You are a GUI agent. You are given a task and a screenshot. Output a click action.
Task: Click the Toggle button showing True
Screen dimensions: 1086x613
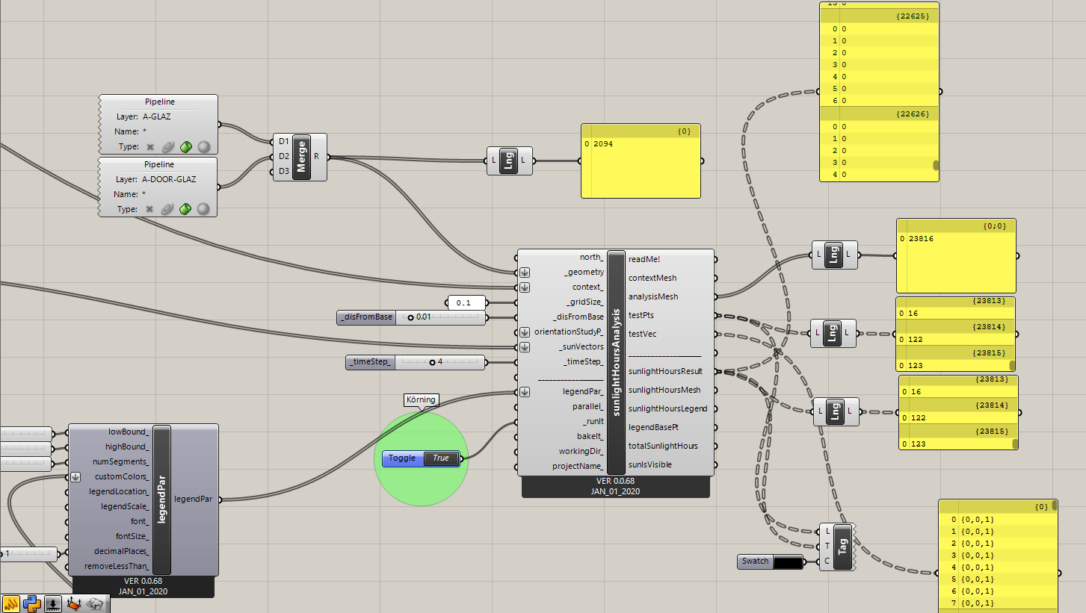421,458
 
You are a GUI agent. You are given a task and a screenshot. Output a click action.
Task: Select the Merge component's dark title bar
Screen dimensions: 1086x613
301,157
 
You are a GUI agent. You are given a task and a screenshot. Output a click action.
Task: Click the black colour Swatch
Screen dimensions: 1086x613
788,561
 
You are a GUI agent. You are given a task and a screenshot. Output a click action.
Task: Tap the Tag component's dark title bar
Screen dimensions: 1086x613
842,547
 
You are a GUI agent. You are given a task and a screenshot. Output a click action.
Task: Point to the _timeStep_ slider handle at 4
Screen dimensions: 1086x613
432,362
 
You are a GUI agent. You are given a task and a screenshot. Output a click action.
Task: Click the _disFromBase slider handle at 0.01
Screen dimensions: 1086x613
410,317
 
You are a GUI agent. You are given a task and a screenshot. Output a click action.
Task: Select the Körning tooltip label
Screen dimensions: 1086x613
421,400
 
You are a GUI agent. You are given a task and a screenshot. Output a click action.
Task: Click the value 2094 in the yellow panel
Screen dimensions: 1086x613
603,144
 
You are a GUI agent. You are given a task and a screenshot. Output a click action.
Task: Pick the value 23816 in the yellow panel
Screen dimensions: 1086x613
921,239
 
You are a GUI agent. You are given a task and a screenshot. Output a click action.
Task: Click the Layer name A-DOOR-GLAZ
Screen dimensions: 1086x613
169,179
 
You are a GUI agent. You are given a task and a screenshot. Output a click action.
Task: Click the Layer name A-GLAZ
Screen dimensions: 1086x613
157,116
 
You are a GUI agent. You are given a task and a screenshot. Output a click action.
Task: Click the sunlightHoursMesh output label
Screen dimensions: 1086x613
664,390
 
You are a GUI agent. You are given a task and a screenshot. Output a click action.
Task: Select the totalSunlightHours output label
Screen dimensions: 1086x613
663,446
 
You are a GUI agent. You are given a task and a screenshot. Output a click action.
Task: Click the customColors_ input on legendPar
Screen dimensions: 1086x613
122,476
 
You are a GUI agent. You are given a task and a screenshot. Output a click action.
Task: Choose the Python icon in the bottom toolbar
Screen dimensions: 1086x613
32,604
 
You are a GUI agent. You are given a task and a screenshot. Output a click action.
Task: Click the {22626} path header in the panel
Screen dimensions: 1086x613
913,113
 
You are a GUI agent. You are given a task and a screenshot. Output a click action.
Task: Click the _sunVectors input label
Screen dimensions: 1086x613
581,346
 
